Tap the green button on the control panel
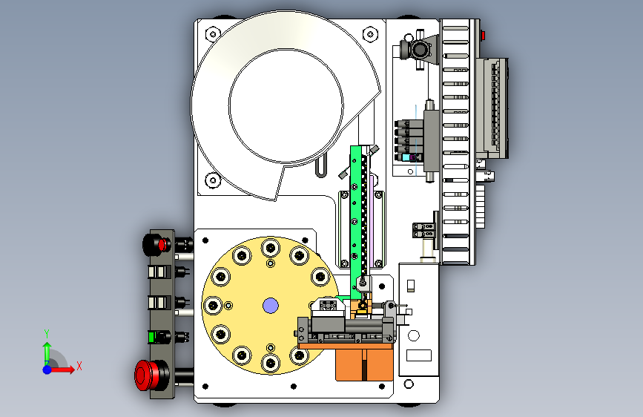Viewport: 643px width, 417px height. tap(151, 337)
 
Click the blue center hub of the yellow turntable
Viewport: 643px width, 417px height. tap(270, 306)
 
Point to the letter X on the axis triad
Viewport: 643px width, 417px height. tap(79, 366)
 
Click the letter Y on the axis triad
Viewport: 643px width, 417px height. tap(47, 334)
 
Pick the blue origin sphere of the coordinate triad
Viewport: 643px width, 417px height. tap(47, 370)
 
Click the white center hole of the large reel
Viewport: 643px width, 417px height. tap(286, 106)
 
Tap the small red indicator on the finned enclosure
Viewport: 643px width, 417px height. tap(483, 36)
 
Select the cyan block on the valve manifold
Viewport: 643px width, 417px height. tap(406, 157)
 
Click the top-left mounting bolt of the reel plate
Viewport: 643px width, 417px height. tap(212, 33)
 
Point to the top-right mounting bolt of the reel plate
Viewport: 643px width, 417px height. tap(370, 33)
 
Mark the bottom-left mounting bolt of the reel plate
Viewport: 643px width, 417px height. tap(212, 180)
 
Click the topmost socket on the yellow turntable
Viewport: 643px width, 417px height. tap(270, 248)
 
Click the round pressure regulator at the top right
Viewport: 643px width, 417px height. tap(419, 50)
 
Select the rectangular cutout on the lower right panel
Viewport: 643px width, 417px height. tap(419, 355)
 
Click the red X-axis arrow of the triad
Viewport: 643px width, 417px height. tap(62, 370)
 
